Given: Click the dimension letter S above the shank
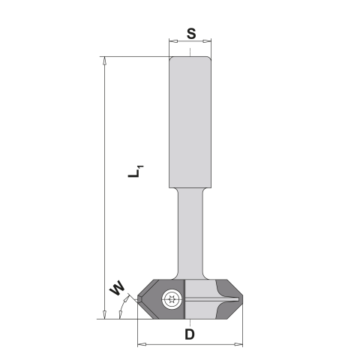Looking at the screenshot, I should [x=190, y=34].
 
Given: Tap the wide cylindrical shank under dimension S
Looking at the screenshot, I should [x=190, y=120].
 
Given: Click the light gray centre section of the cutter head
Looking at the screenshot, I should [x=196, y=289].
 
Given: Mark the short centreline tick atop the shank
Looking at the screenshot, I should [x=190, y=52].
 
